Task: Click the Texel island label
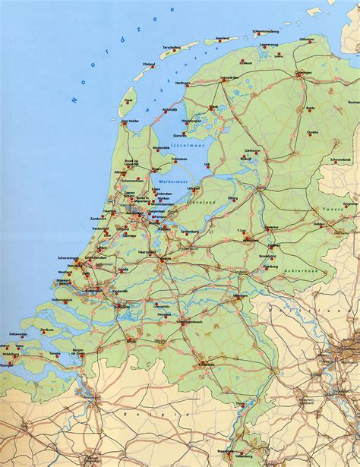click(x=128, y=99)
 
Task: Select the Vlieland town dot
click(x=153, y=67)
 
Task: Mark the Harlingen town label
click(x=183, y=83)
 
